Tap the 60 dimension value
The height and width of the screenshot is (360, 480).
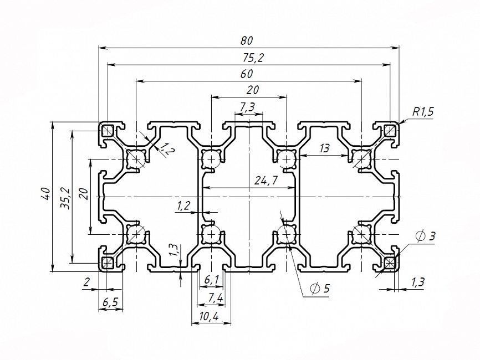(x=247, y=74)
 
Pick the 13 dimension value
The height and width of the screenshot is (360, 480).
(x=324, y=148)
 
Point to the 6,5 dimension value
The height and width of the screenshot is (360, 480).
(x=111, y=302)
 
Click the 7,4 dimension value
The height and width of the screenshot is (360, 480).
(x=215, y=299)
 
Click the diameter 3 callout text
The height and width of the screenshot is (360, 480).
(x=425, y=236)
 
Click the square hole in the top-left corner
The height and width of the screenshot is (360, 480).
(x=107, y=131)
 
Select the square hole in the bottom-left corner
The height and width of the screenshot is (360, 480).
(x=107, y=262)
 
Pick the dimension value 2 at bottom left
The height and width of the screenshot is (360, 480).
(x=86, y=282)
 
